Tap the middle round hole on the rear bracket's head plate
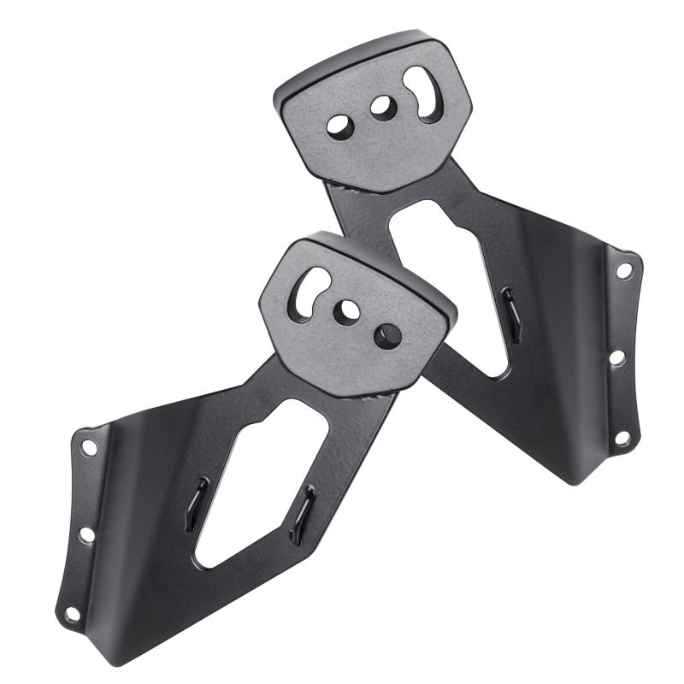click(381, 108)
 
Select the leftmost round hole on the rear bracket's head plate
click(339, 125)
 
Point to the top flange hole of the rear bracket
click(625, 270)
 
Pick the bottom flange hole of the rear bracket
click(622, 438)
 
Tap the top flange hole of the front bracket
click(87, 447)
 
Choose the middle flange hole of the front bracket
click(86, 535)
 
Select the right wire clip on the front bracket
click(302, 513)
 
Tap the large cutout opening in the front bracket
click(256, 487)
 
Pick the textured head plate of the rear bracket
click(376, 145)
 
